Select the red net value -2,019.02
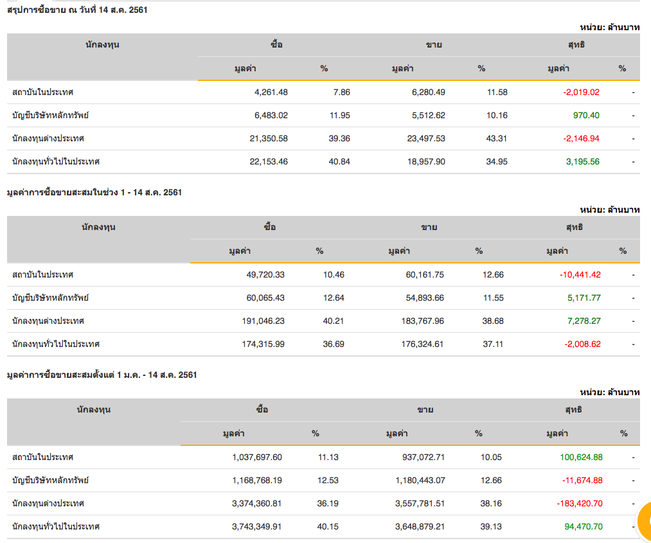581,92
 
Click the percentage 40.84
339,161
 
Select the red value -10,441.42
580,274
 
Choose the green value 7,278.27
584,321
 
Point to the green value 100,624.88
581,457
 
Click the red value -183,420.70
580,503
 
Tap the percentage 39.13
491,526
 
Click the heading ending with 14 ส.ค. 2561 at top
77,10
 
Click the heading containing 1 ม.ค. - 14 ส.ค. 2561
102,375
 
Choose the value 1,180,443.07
416,480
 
